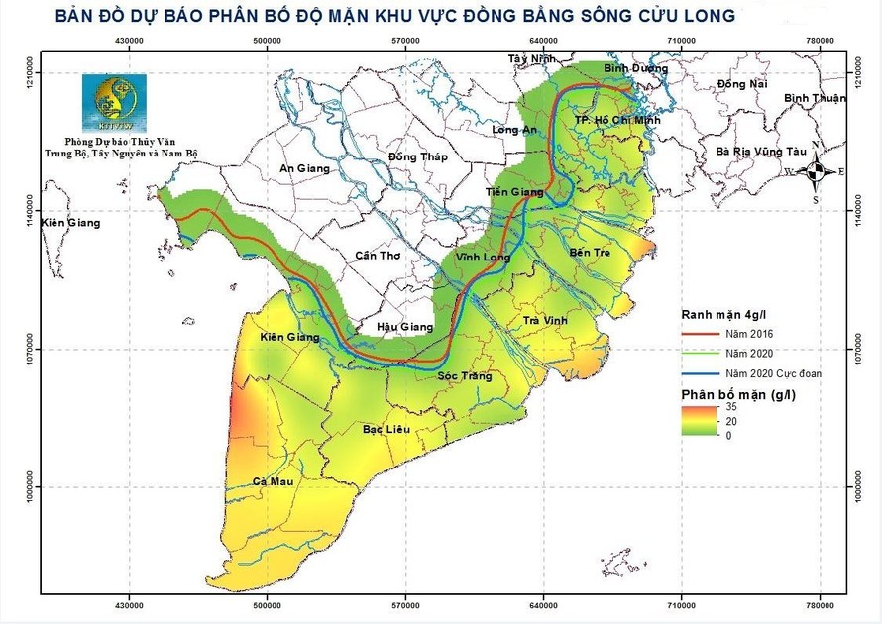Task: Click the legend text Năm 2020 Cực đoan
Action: pyautogui.click(x=773, y=373)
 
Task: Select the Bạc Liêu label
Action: pyautogui.click(x=387, y=429)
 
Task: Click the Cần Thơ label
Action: pyautogui.click(x=377, y=256)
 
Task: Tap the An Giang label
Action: pyautogui.click(x=303, y=168)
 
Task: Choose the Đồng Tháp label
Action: pyautogui.click(x=417, y=156)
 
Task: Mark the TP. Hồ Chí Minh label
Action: pyautogui.click(x=616, y=120)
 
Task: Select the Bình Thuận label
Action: pyautogui.click(x=815, y=98)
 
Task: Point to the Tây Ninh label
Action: pyautogui.click(x=527, y=59)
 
